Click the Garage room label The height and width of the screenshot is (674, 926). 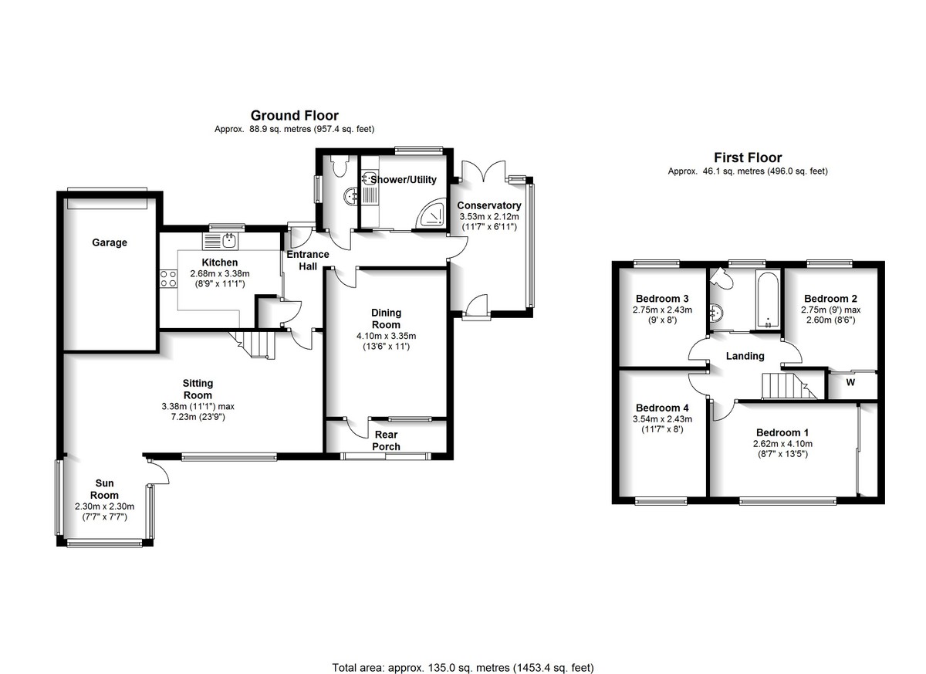[109, 242]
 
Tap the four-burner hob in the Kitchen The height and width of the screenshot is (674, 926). [168, 278]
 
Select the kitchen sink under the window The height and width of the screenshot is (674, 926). [221, 241]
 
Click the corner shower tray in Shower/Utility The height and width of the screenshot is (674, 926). [431, 214]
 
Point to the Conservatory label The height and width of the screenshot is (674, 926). [489, 205]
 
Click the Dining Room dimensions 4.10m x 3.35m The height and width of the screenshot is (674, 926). [386, 336]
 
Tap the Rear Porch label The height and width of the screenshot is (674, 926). [386, 440]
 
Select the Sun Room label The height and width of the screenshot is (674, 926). [104, 489]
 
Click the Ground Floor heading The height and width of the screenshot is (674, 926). [294, 115]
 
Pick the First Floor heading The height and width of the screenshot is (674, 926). [748, 157]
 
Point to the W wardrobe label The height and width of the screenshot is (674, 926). [850, 382]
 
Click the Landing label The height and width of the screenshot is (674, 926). [745, 356]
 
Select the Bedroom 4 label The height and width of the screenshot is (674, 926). [662, 408]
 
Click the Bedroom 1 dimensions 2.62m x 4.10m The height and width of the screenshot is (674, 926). [782, 444]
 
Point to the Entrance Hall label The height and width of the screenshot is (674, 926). [308, 260]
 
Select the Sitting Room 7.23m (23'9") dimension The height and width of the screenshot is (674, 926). [198, 417]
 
